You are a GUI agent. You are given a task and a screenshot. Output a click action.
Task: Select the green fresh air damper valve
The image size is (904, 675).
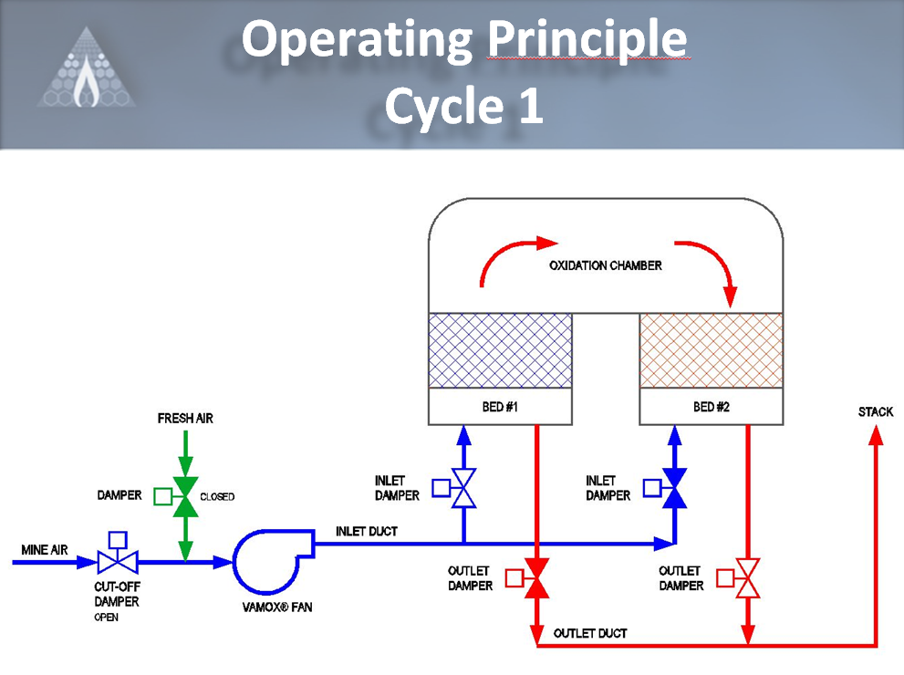click(185, 496)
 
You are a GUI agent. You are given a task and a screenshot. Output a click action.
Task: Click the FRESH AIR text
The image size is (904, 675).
click(185, 419)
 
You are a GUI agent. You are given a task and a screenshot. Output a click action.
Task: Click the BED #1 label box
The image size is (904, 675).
click(500, 407)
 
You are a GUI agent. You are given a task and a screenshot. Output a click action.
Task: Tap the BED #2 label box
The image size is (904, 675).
click(711, 407)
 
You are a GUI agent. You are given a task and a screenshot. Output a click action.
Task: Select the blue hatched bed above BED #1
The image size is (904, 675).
click(500, 351)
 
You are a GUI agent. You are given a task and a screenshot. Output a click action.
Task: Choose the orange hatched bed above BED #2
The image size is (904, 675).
click(711, 351)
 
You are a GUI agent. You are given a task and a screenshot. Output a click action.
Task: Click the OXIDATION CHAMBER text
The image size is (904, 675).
click(606, 265)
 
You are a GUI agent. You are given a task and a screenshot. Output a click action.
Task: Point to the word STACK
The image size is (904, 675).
click(876, 412)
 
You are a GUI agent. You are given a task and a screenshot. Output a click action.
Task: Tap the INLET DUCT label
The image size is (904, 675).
click(367, 531)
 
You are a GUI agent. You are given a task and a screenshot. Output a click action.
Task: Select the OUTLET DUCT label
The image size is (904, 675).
click(590, 633)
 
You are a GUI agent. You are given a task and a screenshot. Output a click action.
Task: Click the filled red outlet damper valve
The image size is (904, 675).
click(536, 578)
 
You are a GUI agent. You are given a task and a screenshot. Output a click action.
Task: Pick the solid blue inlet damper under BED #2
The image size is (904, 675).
click(675, 488)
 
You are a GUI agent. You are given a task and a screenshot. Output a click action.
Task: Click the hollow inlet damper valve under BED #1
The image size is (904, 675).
click(463, 488)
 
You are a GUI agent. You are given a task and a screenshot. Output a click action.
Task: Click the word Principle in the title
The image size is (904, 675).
click(587, 39)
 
